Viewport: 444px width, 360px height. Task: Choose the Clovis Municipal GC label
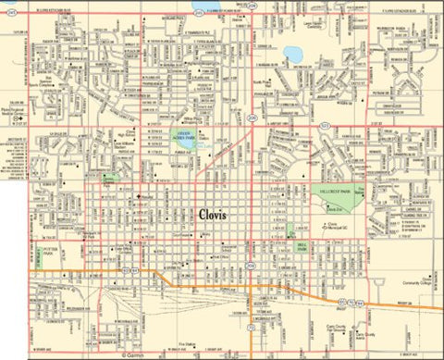click(335, 225)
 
